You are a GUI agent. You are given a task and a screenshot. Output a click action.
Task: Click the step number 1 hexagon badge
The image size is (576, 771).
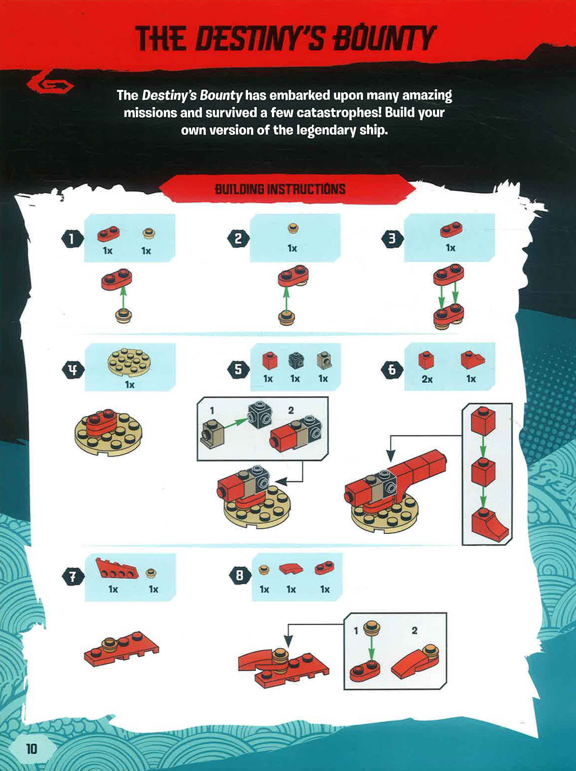click(x=72, y=239)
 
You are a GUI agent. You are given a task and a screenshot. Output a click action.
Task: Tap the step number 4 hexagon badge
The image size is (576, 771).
click(x=73, y=369)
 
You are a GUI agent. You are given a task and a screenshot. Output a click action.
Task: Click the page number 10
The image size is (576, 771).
click(x=31, y=748)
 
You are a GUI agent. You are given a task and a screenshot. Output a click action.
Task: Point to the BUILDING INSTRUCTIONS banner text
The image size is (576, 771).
click(x=280, y=189)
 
